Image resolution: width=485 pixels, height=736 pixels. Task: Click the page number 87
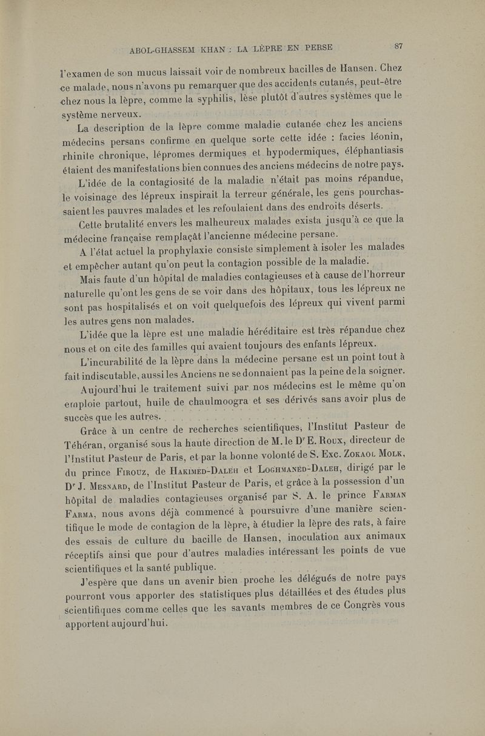pos(398,45)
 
